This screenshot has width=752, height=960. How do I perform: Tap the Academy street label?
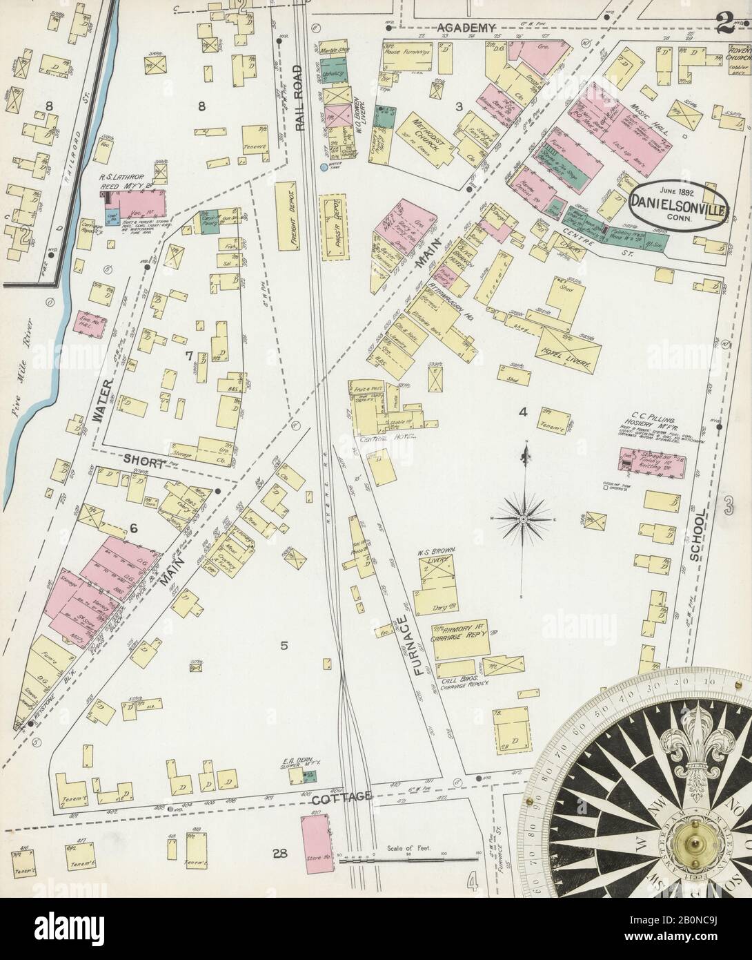(x=467, y=28)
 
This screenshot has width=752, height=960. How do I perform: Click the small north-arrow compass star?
(x=523, y=518)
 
